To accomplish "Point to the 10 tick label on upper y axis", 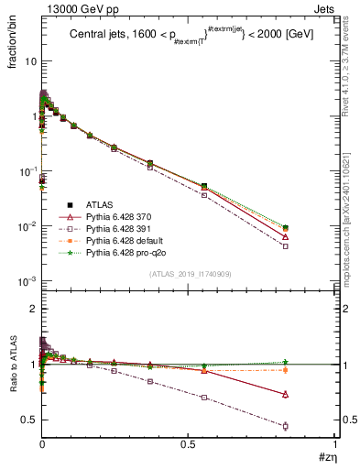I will tap(27, 61).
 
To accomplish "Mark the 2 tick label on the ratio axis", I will tap(31, 310).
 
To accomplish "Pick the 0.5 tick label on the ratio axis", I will tap(27, 420).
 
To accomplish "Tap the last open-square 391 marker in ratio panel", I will tap(311, 426).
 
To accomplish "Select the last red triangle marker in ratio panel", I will tap(311, 394).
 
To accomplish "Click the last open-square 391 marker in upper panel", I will tap(311, 245).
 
